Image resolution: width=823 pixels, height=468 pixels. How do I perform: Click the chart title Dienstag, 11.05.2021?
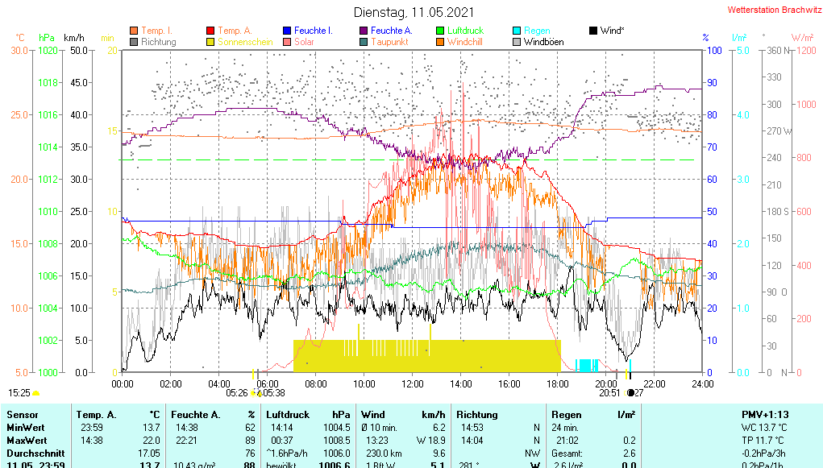[x=414, y=13]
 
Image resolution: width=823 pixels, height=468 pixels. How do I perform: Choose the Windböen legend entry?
[x=542, y=42]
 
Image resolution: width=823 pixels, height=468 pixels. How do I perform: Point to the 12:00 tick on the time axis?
[x=413, y=383]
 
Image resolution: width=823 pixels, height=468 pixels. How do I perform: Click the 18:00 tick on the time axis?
[x=558, y=383]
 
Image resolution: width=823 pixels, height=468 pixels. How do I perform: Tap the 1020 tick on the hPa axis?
[x=48, y=50]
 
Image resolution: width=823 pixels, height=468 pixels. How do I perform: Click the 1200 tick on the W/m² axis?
[x=803, y=50]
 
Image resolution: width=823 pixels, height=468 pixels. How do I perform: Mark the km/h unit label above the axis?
[x=74, y=38]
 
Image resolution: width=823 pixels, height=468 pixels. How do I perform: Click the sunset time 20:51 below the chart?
[x=609, y=393]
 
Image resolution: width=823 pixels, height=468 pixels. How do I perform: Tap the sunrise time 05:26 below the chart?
[x=236, y=393]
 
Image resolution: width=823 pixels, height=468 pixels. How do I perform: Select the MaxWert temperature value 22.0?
[x=150, y=440]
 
